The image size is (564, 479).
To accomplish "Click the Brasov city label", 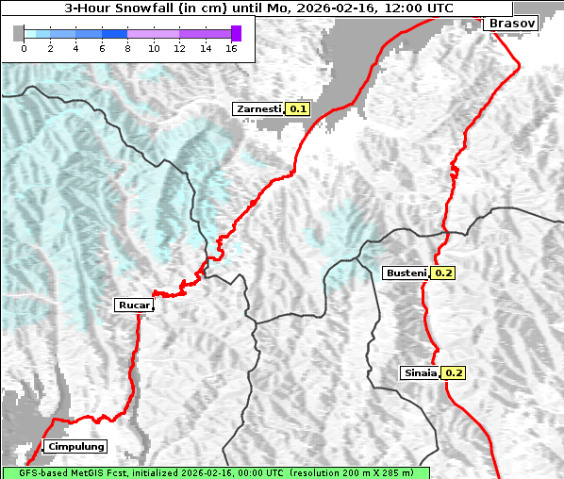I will click(x=513, y=23).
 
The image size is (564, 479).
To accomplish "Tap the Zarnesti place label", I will click(x=258, y=109).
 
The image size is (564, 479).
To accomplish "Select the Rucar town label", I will click(x=133, y=305).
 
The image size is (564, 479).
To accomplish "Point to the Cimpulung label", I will click(x=75, y=446).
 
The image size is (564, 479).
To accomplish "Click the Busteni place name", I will click(x=406, y=273).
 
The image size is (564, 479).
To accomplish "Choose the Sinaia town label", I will click(x=420, y=372).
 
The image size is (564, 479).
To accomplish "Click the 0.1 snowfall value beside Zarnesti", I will click(x=298, y=109).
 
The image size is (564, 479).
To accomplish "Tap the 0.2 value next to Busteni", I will click(x=443, y=273).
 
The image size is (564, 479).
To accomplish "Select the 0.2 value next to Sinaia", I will click(x=454, y=372).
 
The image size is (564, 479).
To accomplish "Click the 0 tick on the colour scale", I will click(x=24, y=47).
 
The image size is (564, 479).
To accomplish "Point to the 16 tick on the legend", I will click(x=232, y=47).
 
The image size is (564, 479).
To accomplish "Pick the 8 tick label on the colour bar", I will click(x=127, y=47).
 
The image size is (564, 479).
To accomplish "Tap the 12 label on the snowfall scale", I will click(x=179, y=47).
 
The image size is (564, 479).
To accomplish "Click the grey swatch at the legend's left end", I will click(x=19, y=33).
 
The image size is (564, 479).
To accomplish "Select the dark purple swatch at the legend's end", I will click(x=236, y=33).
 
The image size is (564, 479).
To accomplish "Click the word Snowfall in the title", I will click(x=145, y=8).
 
